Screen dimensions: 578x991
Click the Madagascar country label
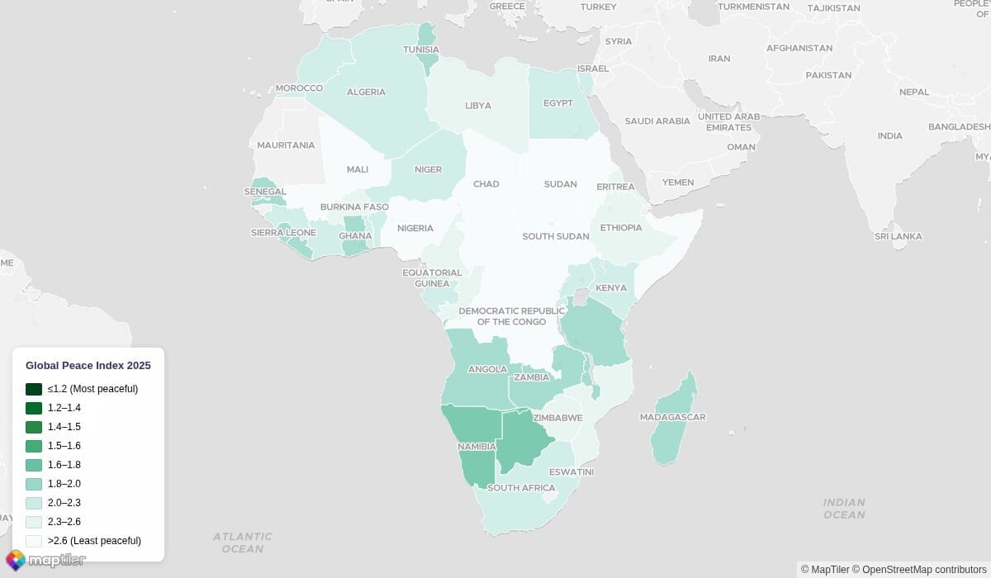(x=672, y=417)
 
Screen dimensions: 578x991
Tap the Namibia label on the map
(x=477, y=447)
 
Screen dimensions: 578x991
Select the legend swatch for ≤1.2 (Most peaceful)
(x=34, y=389)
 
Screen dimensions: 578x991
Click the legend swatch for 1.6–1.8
(x=34, y=465)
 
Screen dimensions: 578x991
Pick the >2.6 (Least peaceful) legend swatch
(x=34, y=541)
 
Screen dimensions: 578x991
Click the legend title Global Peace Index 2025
(x=88, y=365)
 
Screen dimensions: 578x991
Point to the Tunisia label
(x=420, y=50)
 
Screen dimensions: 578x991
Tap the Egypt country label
(x=557, y=103)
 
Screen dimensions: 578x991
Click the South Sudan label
(x=555, y=236)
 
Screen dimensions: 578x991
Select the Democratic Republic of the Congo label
(x=511, y=316)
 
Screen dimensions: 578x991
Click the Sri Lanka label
(x=898, y=236)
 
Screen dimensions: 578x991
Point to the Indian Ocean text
(x=844, y=509)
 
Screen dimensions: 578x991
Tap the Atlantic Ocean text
(x=243, y=542)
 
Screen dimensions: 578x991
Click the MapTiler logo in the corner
(x=45, y=561)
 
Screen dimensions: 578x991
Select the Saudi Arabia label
(x=657, y=121)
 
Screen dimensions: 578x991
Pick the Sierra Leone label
(x=283, y=233)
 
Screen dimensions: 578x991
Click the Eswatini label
(x=571, y=472)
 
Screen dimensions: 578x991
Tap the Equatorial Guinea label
(x=432, y=277)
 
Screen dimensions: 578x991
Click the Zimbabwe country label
(x=557, y=418)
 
